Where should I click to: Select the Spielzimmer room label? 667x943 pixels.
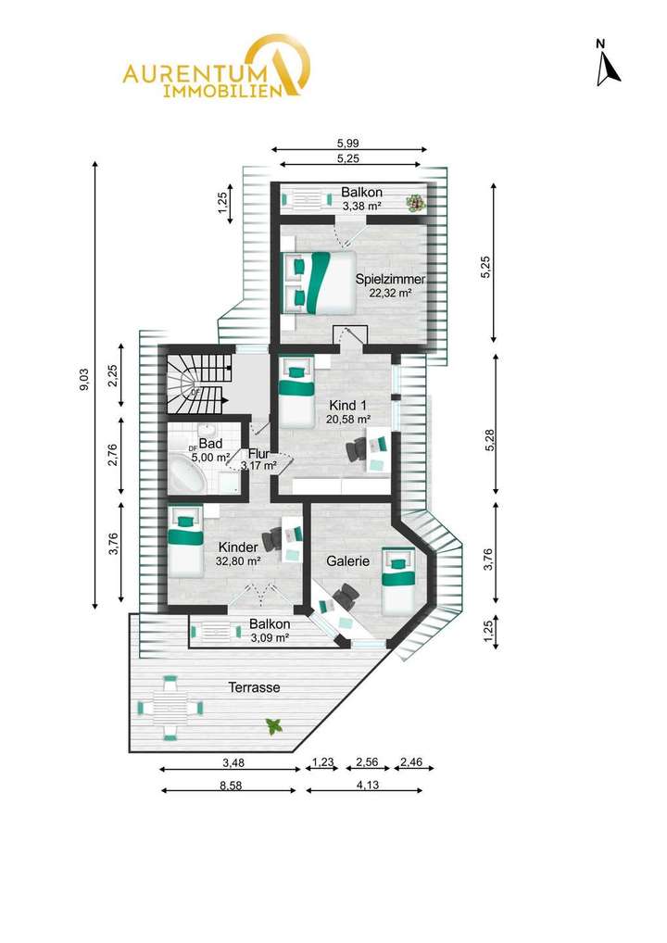(390, 278)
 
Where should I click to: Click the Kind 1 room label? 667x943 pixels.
(347, 405)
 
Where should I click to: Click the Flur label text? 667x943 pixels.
(258, 454)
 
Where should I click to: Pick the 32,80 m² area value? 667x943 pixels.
(238, 561)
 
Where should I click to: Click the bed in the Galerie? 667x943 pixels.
(399, 581)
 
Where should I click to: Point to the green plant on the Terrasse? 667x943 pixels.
(273, 726)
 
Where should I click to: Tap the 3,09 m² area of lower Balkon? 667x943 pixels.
(270, 637)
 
